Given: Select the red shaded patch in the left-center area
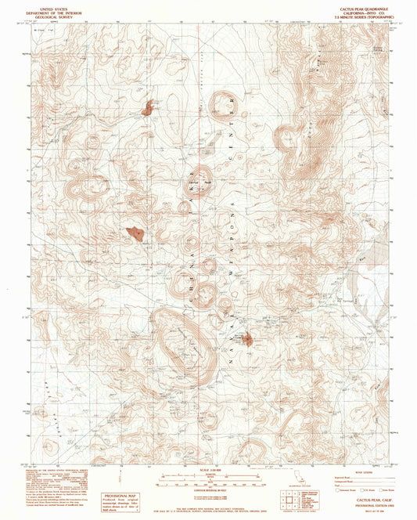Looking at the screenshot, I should [135, 233].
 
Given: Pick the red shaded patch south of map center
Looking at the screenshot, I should [248, 339].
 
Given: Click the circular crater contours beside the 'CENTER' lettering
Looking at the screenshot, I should [221, 104].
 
